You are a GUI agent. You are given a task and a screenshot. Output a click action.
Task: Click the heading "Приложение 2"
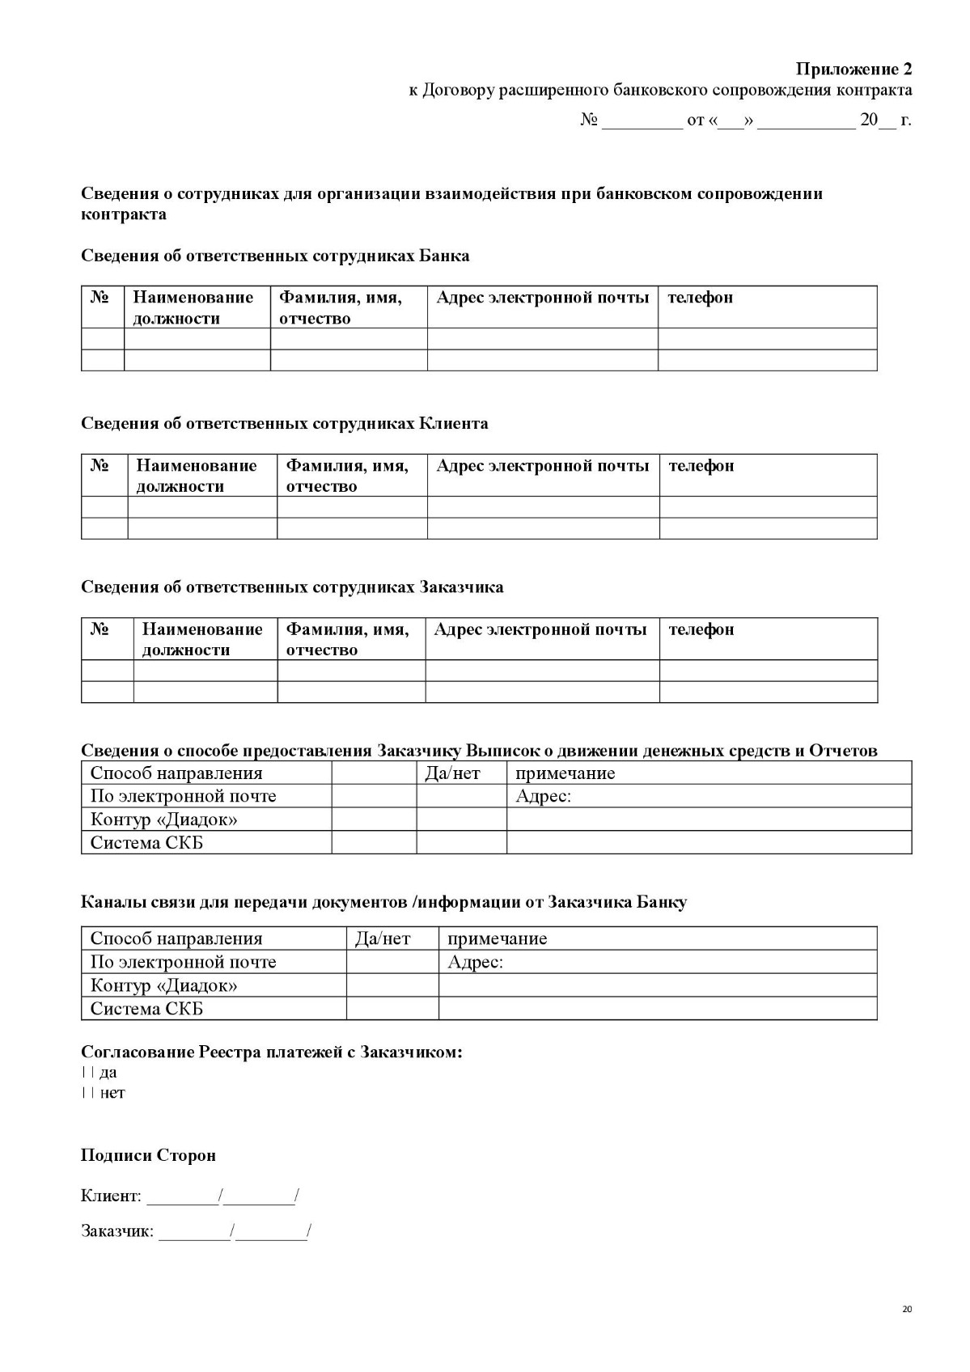tap(854, 68)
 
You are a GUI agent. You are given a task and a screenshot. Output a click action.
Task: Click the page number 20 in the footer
tap(906, 1309)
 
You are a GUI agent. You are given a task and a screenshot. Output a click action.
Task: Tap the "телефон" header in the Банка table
tap(700, 298)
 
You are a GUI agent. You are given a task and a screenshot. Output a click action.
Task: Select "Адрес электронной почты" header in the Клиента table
tap(542, 466)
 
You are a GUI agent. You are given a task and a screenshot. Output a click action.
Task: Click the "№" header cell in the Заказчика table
tap(100, 629)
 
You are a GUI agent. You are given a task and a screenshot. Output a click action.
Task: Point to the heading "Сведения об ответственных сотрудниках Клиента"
tap(284, 423)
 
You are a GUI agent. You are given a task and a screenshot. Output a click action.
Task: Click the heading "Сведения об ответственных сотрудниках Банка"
tap(275, 256)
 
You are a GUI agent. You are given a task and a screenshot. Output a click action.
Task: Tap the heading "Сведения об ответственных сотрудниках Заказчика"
tap(292, 586)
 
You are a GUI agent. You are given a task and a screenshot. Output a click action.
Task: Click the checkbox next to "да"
tap(87, 1073)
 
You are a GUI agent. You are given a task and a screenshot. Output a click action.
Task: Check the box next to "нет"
tap(87, 1093)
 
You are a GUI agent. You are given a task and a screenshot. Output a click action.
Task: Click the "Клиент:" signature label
tap(111, 1196)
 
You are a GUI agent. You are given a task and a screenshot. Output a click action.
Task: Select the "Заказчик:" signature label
tap(116, 1231)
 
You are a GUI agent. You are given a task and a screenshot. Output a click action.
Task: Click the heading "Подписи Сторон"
tap(148, 1155)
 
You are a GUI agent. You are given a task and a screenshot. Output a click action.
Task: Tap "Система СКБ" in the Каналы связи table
tap(146, 1009)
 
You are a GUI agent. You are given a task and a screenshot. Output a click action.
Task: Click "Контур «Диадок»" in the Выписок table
tap(163, 819)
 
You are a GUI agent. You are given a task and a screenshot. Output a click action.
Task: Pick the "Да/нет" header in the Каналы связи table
tap(383, 938)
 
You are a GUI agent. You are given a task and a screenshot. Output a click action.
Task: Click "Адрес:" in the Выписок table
tap(543, 796)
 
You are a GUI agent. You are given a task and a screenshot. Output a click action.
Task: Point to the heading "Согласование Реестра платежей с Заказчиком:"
tap(272, 1052)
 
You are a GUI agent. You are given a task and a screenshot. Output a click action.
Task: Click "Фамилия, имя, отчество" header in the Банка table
tap(341, 307)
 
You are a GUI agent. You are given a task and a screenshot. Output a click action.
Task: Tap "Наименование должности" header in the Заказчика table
tap(202, 639)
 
